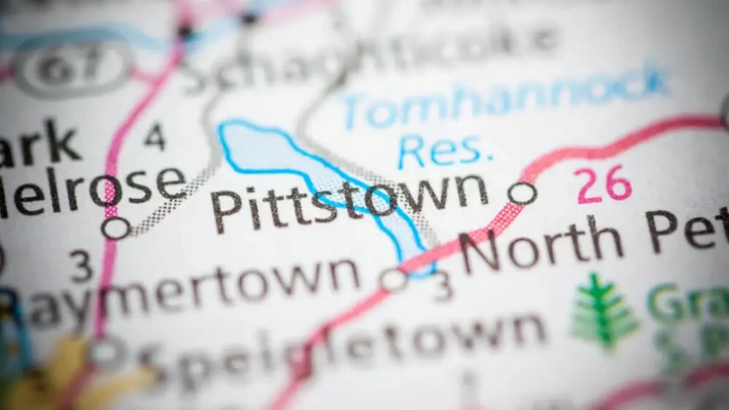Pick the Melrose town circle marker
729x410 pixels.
(115, 228)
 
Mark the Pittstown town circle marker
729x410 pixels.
(522, 194)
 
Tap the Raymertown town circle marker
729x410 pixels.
(394, 280)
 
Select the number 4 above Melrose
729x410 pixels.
(154, 136)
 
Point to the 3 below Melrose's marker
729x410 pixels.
(81, 266)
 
